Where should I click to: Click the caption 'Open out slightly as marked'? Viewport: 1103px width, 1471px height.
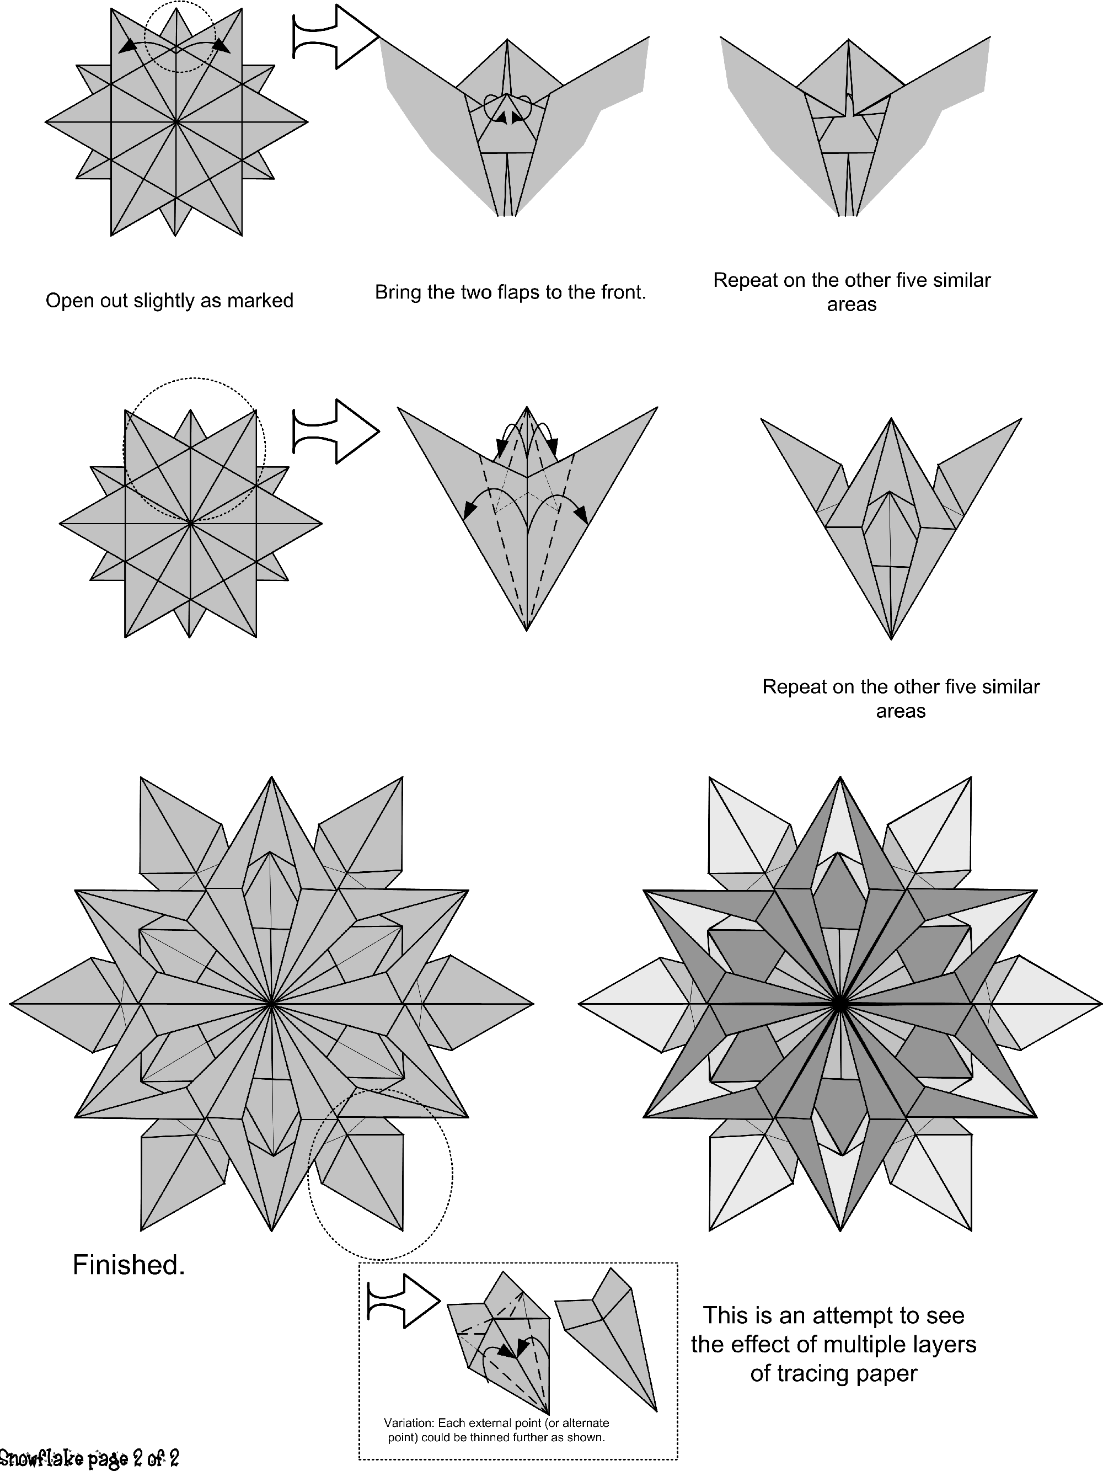tap(169, 301)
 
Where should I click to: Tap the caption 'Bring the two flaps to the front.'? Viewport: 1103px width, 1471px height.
tap(511, 292)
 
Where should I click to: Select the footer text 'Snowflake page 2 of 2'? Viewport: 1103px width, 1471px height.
tap(90, 1458)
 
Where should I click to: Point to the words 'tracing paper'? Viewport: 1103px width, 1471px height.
tap(834, 1373)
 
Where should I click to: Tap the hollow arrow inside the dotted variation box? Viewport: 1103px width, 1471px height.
tap(404, 1302)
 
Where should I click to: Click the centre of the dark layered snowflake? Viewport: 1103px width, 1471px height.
tap(840, 1004)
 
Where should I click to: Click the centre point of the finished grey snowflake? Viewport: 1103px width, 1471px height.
tap(272, 1004)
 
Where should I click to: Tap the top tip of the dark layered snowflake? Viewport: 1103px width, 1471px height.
tap(840, 777)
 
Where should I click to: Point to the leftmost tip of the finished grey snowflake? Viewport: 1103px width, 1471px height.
tap(9, 1004)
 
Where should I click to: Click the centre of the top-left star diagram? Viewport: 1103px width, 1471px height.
tap(176, 122)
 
